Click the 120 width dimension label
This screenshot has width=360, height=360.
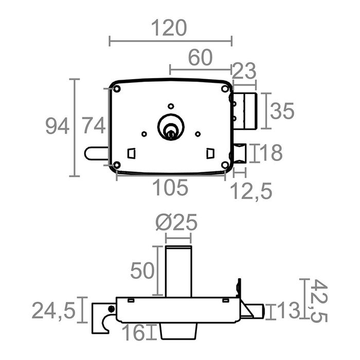[169, 28]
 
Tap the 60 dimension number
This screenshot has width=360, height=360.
[200, 58]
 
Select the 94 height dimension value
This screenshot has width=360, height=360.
[57, 125]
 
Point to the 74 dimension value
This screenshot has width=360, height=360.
[94, 125]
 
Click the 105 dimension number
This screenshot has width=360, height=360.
[170, 188]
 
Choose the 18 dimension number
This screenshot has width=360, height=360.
[271, 153]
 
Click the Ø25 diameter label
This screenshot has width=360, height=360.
[176, 223]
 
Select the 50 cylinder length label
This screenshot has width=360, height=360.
[142, 270]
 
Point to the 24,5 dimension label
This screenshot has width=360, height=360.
[53, 311]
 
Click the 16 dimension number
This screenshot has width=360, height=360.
[134, 333]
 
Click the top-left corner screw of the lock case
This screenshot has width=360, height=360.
[116, 88]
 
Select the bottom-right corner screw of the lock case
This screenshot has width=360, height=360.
[225, 165]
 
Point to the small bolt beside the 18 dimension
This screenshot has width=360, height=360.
[241, 153]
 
